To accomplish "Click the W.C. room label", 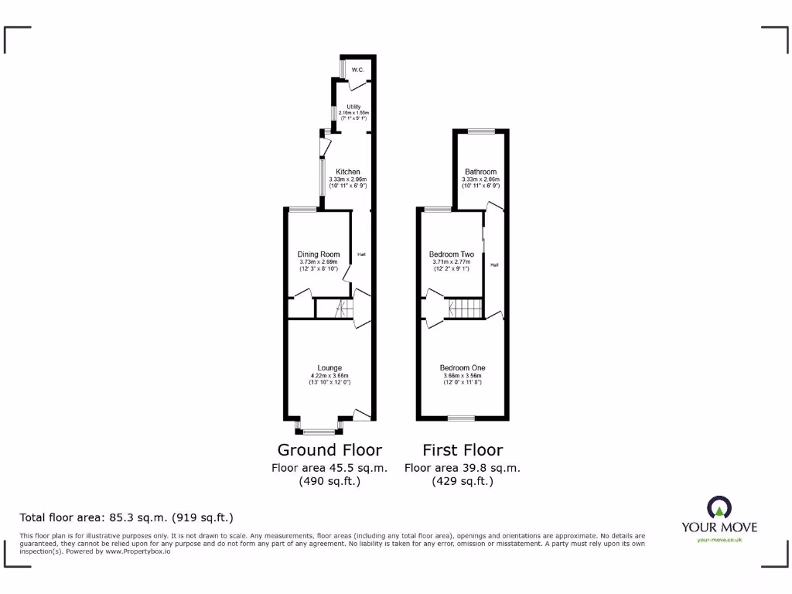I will pyautogui.click(x=357, y=70).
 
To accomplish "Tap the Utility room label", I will pyautogui.click(x=353, y=107).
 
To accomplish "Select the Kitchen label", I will pyautogui.click(x=347, y=172).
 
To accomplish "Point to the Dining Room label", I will pyautogui.click(x=319, y=254).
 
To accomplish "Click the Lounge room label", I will pyautogui.click(x=329, y=368).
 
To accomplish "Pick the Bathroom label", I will pyautogui.click(x=480, y=172).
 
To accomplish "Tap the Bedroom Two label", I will pyautogui.click(x=452, y=254).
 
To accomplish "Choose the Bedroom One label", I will pyautogui.click(x=463, y=368).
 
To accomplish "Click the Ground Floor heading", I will pyautogui.click(x=329, y=450).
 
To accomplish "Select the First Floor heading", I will pyautogui.click(x=463, y=450).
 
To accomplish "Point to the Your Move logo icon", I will pyautogui.click(x=719, y=508).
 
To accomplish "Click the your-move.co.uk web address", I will pyautogui.click(x=719, y=540).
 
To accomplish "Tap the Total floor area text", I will pyautogui.click(x=126, y=517).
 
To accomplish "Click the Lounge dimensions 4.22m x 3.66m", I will pyautogui.click(x=329, y=377).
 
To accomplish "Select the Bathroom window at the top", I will pyautogui.click(x=480, y=131).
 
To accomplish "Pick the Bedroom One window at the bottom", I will pyautogui.click(x=461, y=418).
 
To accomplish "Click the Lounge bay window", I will pyautogui.click(x=319, y=431).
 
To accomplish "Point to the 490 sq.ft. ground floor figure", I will pyautogui.click(x=329, y=481).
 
